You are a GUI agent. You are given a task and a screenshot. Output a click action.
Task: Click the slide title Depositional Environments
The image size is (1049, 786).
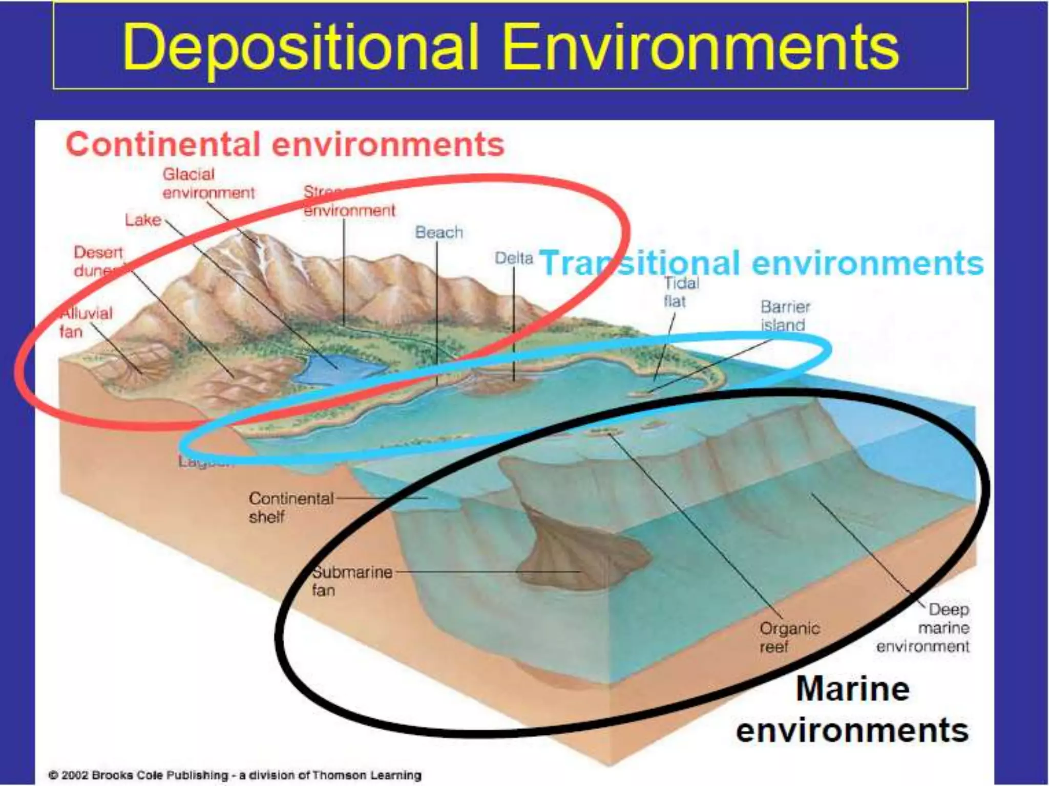pos(510,47)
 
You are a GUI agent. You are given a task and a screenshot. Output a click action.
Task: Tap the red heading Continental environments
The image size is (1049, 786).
pos(285,144)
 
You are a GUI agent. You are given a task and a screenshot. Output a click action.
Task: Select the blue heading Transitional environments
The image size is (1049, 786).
pos(761,263)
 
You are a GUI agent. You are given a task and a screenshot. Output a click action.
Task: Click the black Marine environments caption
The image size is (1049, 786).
pos(852,709)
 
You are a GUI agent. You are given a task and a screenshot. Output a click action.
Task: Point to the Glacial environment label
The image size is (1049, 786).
pos(208,183)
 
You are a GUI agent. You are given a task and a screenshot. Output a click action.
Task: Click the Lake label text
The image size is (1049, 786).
pos(143,220)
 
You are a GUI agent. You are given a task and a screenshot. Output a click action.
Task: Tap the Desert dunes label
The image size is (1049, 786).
pos(98,261)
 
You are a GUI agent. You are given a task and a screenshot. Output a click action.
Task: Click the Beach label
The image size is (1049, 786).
pos(438,232)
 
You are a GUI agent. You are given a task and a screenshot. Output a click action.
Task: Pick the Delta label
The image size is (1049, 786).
pos(513,258)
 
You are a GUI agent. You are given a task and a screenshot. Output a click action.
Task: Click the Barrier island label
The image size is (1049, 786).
pos(785,316)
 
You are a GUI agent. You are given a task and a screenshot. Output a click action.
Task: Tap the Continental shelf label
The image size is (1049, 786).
pos(290,507)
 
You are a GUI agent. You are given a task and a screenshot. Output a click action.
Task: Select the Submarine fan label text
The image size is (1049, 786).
pos(351,581)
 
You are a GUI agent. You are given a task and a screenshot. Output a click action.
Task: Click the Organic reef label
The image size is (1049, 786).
pos(789,637)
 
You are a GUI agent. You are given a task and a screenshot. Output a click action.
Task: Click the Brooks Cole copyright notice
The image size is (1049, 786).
pos(235,775)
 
